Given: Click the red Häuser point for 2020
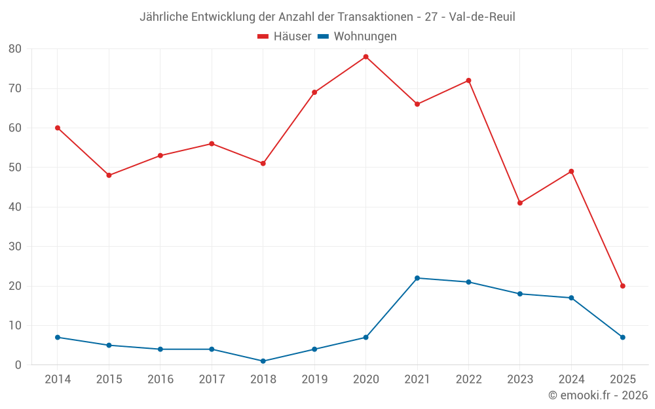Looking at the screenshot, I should click(365, 57).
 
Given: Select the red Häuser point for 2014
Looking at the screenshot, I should click(58, 128).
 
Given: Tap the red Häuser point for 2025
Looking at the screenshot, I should click(622, 286).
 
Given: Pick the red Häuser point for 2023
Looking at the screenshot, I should click(520, 203).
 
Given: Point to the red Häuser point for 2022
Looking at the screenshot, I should click(468, 80).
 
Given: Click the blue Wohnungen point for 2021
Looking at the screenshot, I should click(417, 278).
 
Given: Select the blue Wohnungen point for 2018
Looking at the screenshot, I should click(263, 361).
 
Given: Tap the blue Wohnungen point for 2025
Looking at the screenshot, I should click(622, 337).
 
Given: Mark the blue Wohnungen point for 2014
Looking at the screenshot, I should click(58, 337).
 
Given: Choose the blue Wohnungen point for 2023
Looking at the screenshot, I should click(520, 294).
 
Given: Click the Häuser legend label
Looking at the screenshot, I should click(292, 37).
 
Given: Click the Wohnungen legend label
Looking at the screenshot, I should click(365, 37).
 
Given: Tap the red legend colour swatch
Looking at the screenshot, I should click(263, 37).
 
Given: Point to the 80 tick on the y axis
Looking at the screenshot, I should click(15, 49).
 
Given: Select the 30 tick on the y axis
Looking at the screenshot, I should click(15, 247).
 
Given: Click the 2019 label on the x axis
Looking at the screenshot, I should click(314, 380).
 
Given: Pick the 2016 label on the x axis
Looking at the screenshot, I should click(160, 380).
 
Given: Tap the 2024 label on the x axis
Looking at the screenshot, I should click(571, 380).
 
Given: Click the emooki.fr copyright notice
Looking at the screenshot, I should click(598, 395).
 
